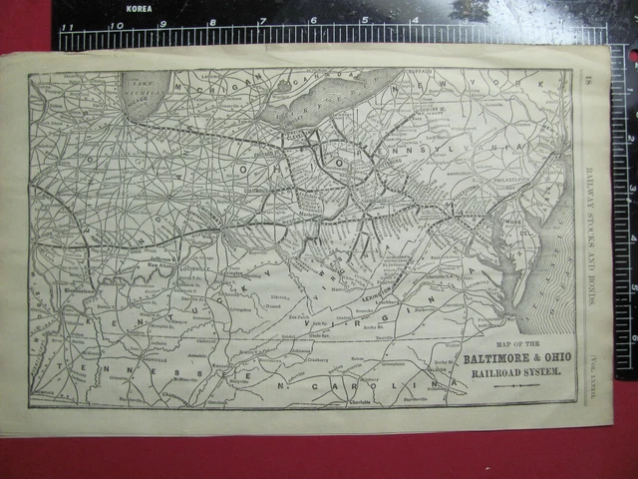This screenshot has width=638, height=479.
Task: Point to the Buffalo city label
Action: click(425, 73)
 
